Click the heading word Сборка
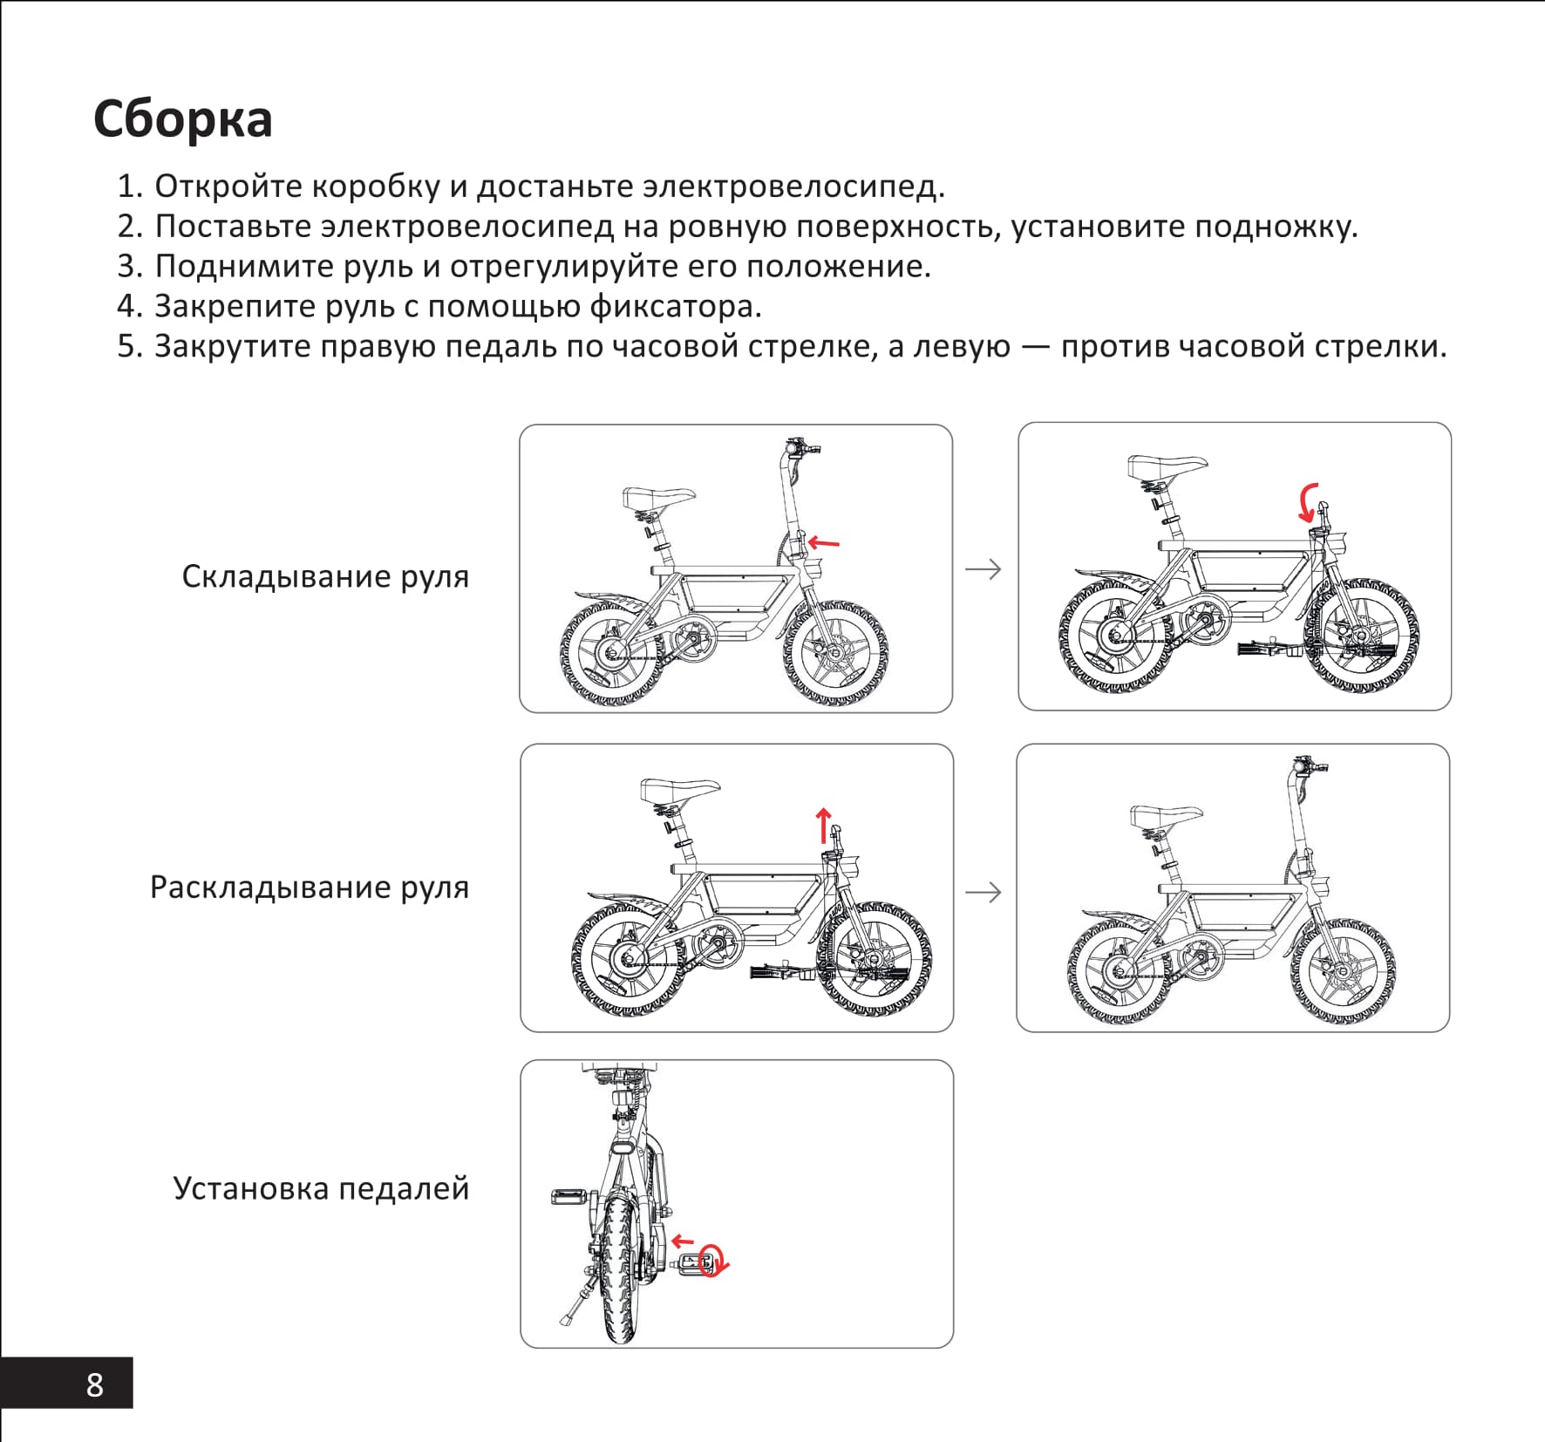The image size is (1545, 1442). point(182,119)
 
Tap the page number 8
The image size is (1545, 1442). point(94,1384)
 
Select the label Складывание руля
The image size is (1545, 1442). point(324,576)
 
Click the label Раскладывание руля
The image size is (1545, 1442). point(309,887)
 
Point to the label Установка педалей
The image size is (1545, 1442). point(320,1188)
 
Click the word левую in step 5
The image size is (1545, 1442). point(960,347)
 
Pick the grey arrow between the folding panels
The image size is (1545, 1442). point(983,569)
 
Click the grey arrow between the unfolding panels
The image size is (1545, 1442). point(983,892)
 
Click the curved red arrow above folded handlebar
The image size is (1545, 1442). point(1307,503)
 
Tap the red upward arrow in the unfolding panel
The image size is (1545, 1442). point(823,824)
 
